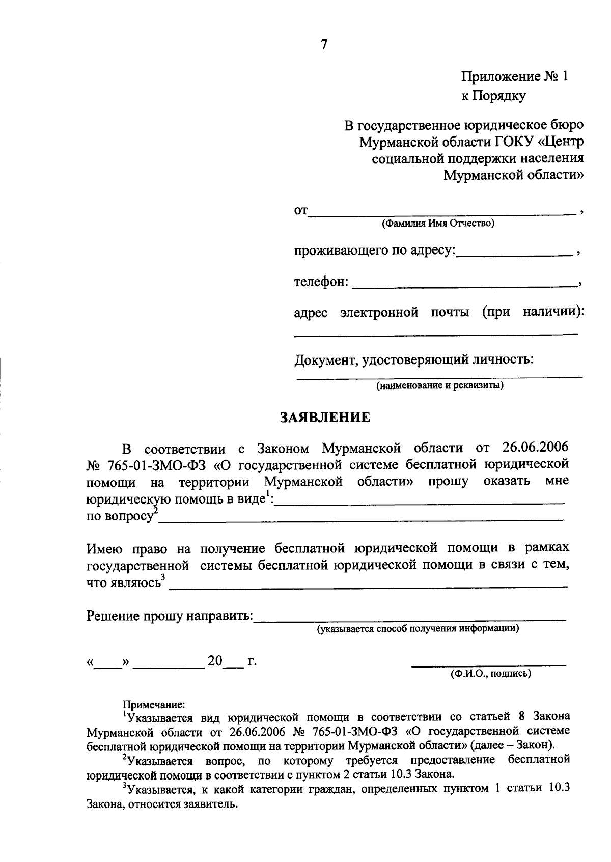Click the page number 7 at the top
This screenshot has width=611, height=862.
(x=324, y=45)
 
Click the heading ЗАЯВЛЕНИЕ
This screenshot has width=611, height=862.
(x=325, y=418)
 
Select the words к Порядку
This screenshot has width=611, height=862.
(x=493, y=96)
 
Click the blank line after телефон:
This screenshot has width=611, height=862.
(x=464, y=286)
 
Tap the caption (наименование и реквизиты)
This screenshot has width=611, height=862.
(x=440, y=385)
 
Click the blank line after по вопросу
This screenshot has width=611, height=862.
(x=362, y=519)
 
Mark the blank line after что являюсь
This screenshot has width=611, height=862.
(x=368, y=586)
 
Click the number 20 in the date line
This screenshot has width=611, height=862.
(x=215, y=661)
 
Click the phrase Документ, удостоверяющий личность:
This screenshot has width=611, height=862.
(x=414, y=360)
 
